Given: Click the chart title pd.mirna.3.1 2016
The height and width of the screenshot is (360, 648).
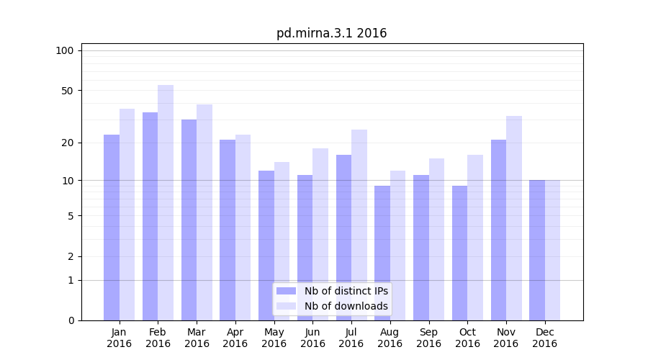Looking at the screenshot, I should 331,33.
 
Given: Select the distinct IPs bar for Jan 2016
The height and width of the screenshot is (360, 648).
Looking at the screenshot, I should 112,228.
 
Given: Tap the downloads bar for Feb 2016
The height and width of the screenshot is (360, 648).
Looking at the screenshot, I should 166,202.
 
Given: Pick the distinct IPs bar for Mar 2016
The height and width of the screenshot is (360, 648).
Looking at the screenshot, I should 189,220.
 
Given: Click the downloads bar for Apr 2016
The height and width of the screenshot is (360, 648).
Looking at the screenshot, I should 243,228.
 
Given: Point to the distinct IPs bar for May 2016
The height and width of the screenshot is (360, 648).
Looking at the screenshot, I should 266,246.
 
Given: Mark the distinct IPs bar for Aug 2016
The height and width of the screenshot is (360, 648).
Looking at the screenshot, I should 382,253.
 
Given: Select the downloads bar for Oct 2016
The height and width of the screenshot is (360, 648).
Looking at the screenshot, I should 475,238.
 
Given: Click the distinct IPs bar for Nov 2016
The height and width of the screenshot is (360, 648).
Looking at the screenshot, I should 498,230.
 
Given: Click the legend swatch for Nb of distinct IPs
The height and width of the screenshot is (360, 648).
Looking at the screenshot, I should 286,291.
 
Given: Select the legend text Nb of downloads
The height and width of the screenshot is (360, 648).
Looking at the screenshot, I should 346,306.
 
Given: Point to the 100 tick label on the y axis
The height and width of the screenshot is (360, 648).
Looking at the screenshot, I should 65,50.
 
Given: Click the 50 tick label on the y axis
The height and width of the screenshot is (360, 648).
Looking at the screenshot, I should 67,91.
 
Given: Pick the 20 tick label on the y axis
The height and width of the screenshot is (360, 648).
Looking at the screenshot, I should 67,143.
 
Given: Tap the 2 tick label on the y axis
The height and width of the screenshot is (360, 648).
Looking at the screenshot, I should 70,256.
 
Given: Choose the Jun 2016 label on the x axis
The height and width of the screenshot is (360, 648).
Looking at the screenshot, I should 312,338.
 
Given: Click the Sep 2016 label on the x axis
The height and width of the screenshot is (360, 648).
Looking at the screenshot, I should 428,338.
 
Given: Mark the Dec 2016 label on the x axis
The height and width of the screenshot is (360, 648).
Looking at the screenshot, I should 544,338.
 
